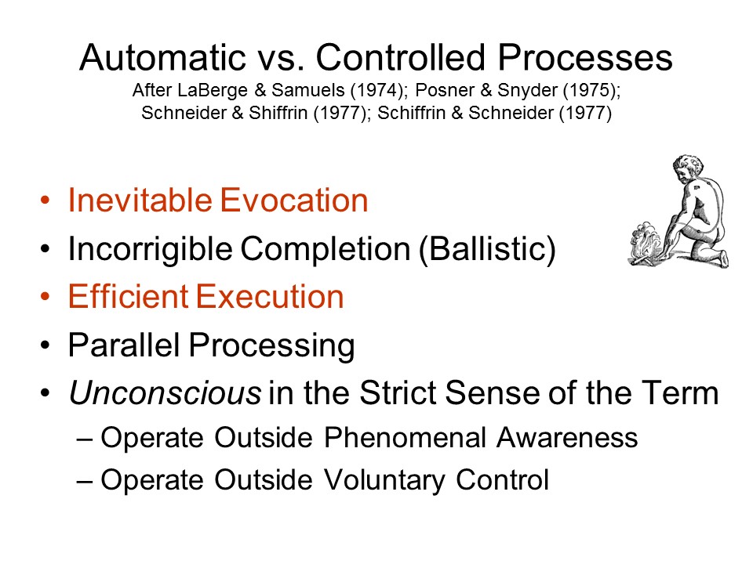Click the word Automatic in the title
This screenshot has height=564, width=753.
click(x=163, y=57)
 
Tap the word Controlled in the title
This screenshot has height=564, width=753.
click(x=400, y=57)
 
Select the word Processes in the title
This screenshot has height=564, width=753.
click(x=585, y=57)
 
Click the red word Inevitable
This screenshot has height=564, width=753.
click(x=140, y=200)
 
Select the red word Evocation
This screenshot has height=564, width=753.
click(x=294, y=200)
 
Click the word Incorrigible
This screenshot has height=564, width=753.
click(x=150, y=248)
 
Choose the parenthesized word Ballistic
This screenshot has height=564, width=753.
click(x=487, y=248)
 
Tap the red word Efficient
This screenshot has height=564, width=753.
click(x=128, y=296)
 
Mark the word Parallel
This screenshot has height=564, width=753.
click(x=124, y=345)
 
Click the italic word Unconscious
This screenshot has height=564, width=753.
click(x=166, y=392)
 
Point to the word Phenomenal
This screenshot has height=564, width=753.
click(x=406, y=437)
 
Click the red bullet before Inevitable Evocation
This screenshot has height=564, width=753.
click(x=45, y=200)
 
